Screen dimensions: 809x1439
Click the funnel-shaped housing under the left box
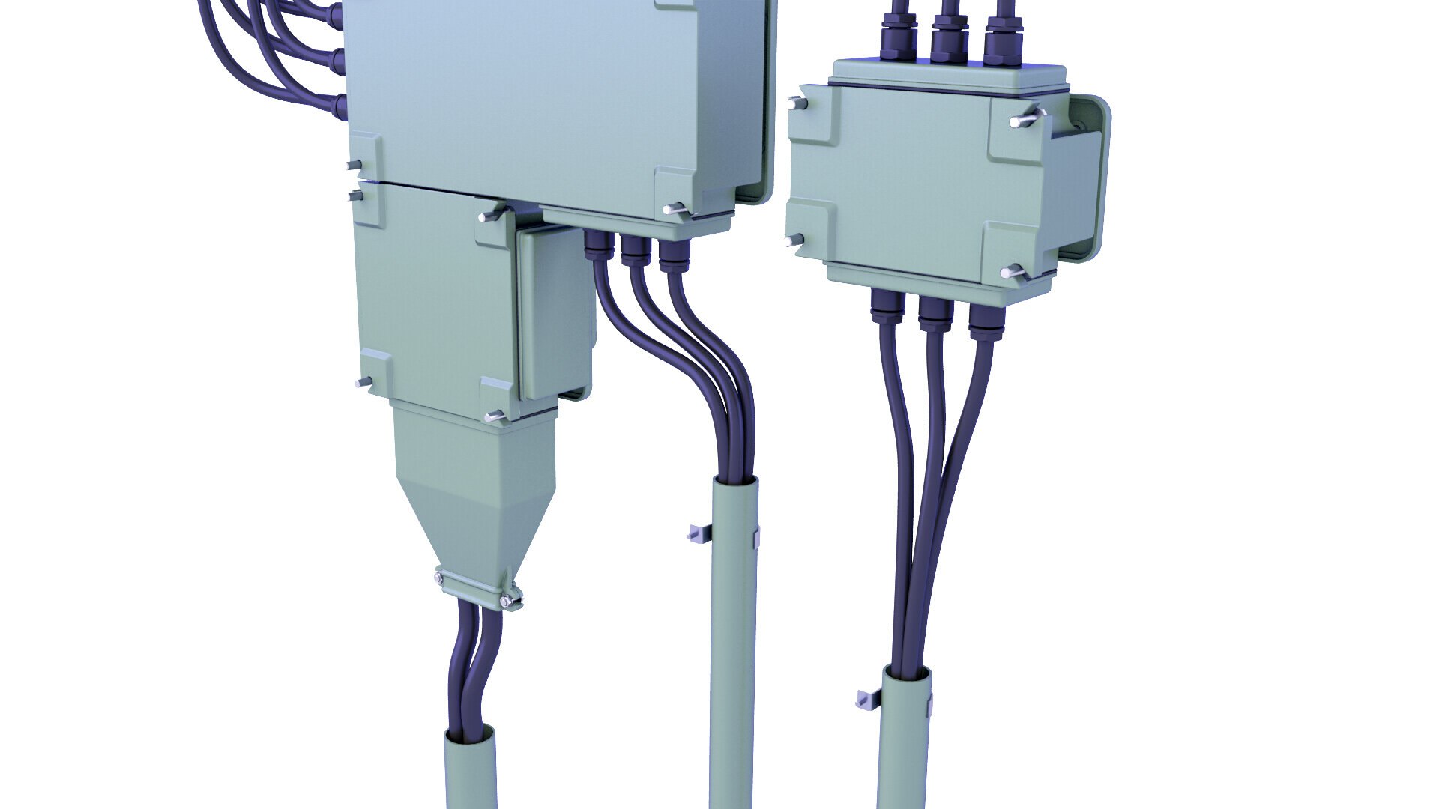(x=474, y=487)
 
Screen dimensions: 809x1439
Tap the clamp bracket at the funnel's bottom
(x=477, y=590)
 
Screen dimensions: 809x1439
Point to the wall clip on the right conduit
(x=868, y=699)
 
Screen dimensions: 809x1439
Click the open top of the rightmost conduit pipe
(x=905, y=674)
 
